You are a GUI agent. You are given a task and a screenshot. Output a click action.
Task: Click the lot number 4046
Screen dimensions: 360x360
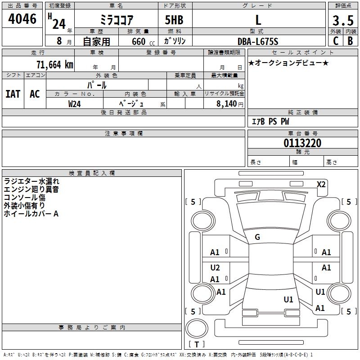(22, 18)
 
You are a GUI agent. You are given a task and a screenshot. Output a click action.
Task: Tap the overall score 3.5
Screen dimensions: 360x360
(342, 20)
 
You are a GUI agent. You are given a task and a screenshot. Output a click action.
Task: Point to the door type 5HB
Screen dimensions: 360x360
(174, 20)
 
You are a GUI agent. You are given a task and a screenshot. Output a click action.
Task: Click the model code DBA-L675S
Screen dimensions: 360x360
(258, 41)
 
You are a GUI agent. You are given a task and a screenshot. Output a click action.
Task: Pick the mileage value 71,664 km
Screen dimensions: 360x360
(54, 64)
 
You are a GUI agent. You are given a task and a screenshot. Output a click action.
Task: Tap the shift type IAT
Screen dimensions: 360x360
(13, 94)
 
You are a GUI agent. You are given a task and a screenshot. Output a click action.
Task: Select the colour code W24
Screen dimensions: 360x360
(74, 103)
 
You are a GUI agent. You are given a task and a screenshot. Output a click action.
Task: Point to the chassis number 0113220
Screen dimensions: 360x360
(302, 143)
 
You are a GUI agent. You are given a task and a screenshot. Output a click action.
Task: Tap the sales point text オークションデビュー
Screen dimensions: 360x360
(288, 63)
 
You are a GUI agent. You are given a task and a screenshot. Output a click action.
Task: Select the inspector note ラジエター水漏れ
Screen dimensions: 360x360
(31, 181)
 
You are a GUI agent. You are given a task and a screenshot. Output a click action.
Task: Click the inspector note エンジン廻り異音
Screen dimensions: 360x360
(31, 189)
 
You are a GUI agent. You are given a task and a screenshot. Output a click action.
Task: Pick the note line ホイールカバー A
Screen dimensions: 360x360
(31, 214)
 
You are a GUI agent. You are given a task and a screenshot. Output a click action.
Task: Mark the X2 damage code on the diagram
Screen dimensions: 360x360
(321, 184)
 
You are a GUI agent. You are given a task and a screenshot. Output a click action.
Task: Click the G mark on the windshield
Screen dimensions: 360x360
(257, 237)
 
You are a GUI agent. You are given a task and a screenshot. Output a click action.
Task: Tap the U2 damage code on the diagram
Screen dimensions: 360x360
(215, 268)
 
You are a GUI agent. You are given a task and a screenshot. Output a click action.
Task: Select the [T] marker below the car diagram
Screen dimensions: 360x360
(197, 344)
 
